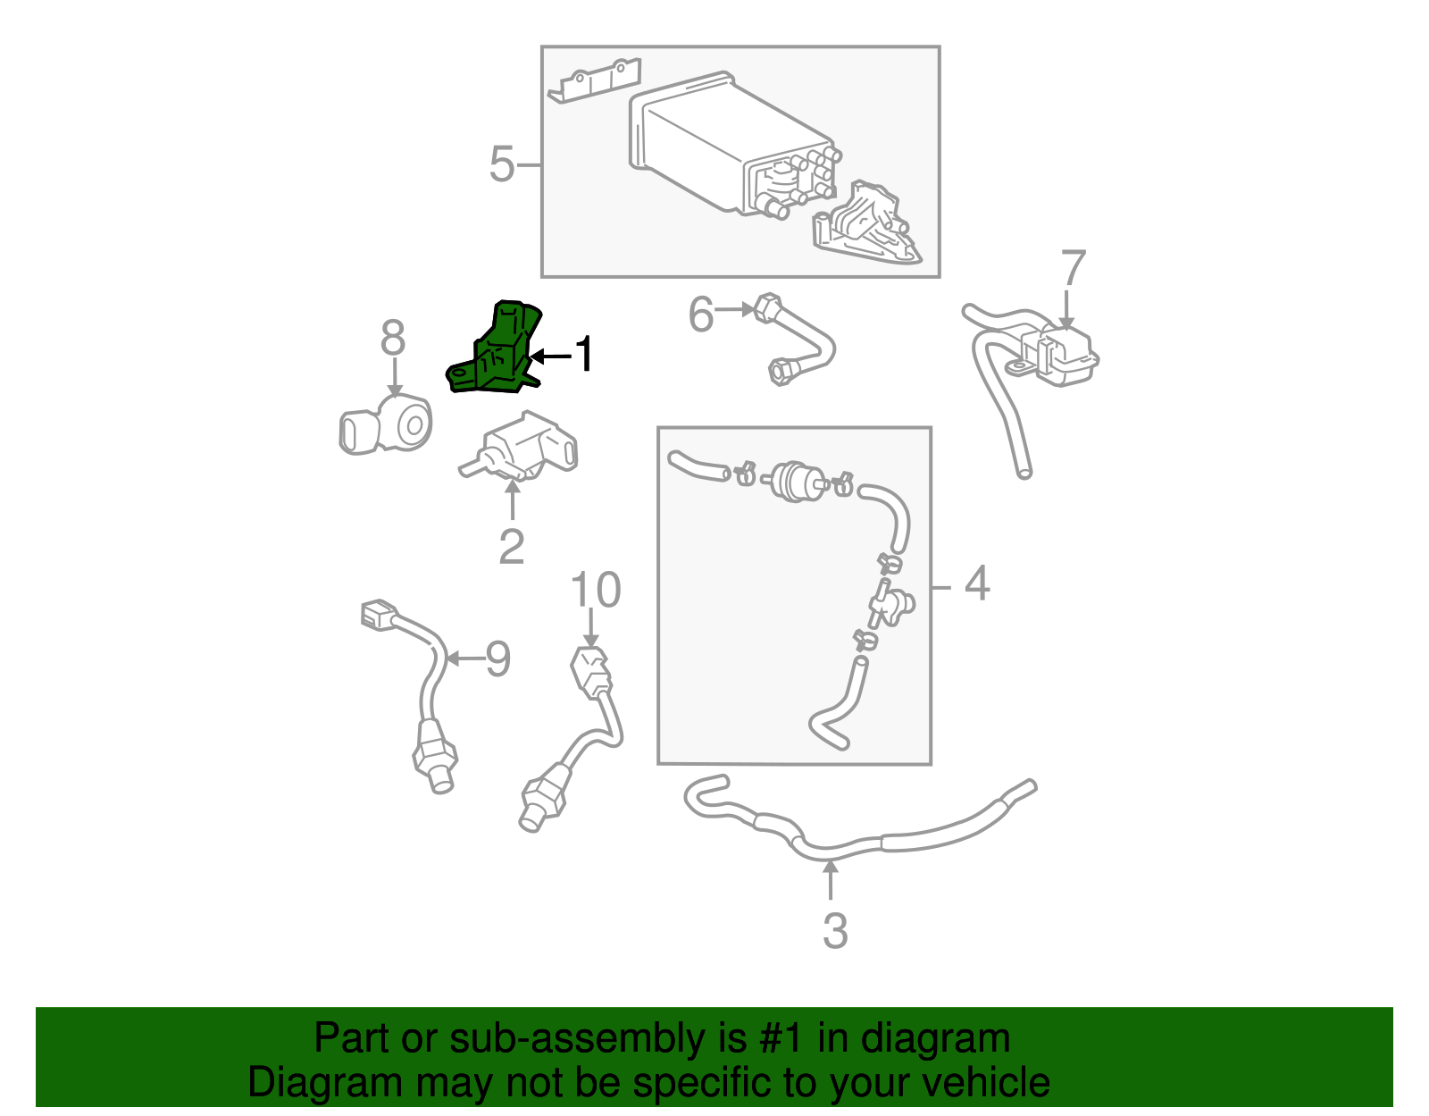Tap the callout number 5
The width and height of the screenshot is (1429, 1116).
(x=502, y=165)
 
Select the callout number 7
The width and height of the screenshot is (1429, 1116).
(x=1073, y=270)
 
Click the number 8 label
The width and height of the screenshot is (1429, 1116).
(x=393, y=339)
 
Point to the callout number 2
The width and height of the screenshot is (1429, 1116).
(x=512, y=547)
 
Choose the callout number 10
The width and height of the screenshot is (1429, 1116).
(x=596, y=591)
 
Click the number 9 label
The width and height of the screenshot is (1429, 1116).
(x=497, y=659)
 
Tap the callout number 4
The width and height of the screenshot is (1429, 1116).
(x=978, y=583)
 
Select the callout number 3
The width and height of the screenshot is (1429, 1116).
(x=834, y=931)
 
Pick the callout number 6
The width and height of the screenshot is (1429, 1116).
(x=701, y=315)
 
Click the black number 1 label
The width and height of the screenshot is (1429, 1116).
(x=583, y=355)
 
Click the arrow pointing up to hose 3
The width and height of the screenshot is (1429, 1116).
(x=831, y=880)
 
